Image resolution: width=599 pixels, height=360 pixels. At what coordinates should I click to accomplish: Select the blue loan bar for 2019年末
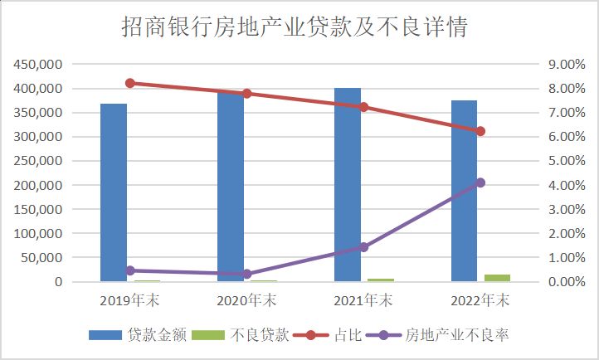click(114, 192)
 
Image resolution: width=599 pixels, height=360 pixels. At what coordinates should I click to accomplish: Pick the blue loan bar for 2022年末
click(465, 191)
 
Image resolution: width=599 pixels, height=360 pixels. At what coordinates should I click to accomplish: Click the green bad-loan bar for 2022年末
click(497, 278)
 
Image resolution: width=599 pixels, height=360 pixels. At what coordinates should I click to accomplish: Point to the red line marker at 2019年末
click(130, 83)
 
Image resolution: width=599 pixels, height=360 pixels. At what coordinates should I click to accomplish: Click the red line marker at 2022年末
click(480, 131)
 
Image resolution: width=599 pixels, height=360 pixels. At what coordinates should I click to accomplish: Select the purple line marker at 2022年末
click(480, 182)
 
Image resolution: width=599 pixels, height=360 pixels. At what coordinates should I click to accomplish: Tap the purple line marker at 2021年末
click(363, 247)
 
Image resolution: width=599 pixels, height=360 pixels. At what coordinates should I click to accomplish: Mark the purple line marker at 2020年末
click(246, 274)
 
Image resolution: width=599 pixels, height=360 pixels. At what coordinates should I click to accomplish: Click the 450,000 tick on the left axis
click(37, 65)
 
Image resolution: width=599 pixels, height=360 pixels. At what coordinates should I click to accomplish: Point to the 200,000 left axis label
click(37, 185)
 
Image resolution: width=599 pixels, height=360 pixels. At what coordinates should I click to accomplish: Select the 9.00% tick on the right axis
click(562, 65)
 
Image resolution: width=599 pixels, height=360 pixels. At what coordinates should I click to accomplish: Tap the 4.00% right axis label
click(562, 185)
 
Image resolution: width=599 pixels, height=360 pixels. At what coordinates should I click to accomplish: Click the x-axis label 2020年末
click(246, 299)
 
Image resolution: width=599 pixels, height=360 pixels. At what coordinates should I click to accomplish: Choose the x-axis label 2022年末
click(480, 299)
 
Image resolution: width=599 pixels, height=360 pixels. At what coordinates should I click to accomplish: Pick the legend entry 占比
click(346, 335)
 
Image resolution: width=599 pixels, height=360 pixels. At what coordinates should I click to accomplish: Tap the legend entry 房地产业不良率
click(455, 335)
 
